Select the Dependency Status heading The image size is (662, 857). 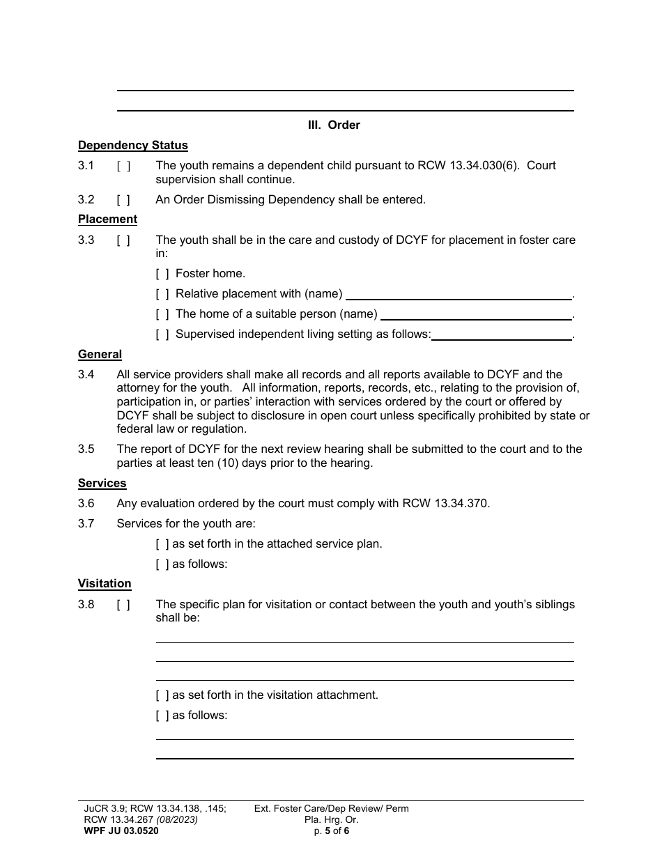point(132,146)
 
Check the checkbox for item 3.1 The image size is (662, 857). point(123,166)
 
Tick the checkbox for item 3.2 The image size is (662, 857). point(123,200)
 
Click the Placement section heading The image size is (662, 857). point(107,219)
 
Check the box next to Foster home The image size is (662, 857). point(162,274)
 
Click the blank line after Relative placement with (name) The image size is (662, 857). point(459,294)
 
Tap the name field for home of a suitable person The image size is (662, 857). point(476,314)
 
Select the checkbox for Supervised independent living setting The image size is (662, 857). point(162,334)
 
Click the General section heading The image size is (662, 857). point(100,355)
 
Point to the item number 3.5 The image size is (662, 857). point(86,449)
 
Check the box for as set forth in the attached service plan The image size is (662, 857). point(162,544)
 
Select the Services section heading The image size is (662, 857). point(102,484)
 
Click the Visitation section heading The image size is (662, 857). point(105,584)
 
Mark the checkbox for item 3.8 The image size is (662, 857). point(123,605)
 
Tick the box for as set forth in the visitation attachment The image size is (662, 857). point(162,695)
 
